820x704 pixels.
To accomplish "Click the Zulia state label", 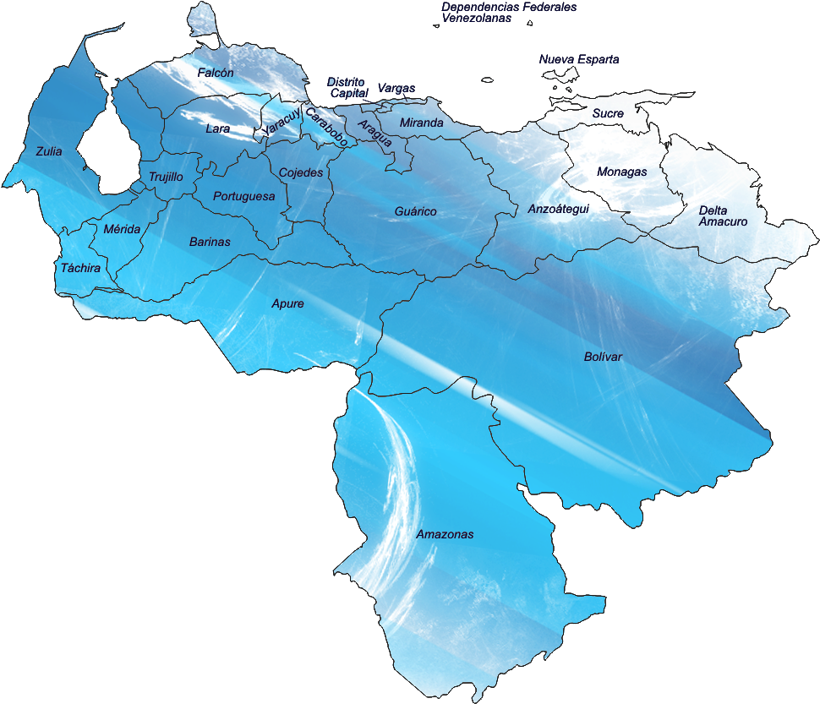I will (x=48, y=152).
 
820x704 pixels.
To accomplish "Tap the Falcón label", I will (x=216, y=74).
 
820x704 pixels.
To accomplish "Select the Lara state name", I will (x=217, y=129).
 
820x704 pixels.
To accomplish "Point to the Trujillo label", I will (x=166, y=177).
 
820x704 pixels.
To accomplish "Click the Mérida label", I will (x=123, y=229).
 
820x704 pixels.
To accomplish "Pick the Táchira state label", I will (x=80, y=269).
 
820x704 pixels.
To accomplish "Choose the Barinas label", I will (x=210, y=242).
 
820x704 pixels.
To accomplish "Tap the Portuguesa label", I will (x=243, y=196).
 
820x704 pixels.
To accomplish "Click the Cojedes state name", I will (x=301, y=172).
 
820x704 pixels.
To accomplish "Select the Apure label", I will (x=287, y=303).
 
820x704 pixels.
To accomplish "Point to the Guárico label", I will (x=416, y=211).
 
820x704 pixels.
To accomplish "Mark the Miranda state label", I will (x=421, y=123).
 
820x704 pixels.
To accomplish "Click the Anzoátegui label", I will (x=558, y=208).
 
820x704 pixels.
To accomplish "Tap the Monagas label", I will (x=621, y=172).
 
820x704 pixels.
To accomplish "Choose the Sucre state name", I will (x=608, y=113).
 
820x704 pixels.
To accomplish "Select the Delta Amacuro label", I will (x=723, y=216).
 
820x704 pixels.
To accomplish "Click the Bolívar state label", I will (x=603, y=357).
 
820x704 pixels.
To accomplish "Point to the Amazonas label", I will (x=445, y=535).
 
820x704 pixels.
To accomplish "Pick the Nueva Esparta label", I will (x=579, y=60).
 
